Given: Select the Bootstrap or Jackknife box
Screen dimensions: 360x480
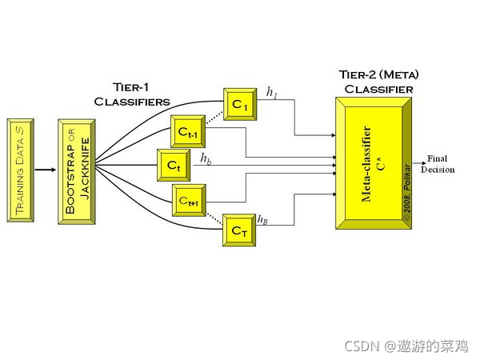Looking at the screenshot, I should pos(76,170).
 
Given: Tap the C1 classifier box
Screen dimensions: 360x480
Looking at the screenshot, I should pos(239,104).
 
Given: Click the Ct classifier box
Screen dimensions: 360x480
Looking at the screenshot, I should pos(174,166).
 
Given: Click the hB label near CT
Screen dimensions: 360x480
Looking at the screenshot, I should pos(262,218).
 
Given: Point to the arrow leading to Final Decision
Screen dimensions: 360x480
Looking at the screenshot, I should pos(420,164).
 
